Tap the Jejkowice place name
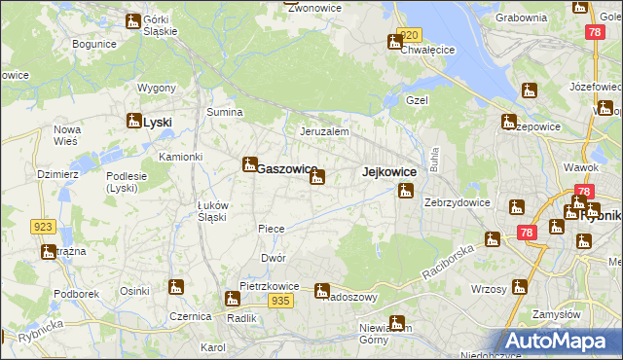(389, 172)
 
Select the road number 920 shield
(410, 35)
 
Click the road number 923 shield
(42, 227)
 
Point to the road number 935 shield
(281, 302)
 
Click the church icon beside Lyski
(133, 122)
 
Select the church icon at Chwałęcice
(394, 42)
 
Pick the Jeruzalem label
(324, 131)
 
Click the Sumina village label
(224, 113)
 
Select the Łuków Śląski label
(212, 210)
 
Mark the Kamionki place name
(180, 157)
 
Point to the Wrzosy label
(489, 289)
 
